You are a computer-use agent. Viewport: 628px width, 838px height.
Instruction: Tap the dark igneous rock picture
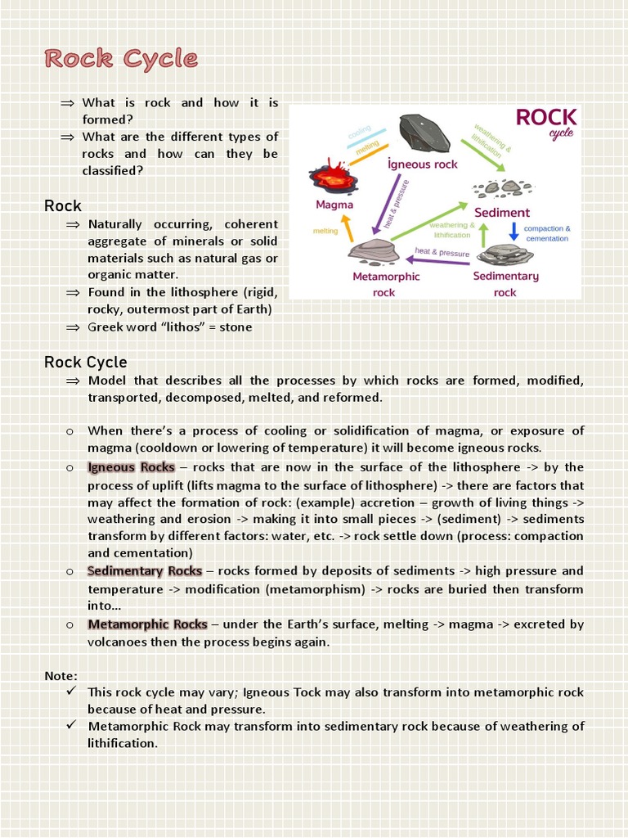coord(424,133)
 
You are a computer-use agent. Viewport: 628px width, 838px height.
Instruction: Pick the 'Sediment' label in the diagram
coord(501,212)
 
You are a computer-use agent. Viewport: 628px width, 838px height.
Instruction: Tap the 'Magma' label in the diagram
coord(334,205)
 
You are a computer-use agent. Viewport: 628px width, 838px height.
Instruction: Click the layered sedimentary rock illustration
coord(505,255)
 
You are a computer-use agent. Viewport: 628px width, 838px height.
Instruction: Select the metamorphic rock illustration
coord(374,250)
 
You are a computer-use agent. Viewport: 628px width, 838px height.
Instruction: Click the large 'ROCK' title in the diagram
coord(545,118)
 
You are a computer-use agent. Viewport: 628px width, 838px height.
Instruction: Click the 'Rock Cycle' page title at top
coord(121,59)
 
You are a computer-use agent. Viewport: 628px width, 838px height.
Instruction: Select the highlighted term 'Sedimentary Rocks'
coord(145,570)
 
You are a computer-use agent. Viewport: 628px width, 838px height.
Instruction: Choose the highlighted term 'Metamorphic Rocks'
coord(147,624)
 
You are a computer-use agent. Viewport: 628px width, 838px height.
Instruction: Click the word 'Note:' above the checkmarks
coord(61,675)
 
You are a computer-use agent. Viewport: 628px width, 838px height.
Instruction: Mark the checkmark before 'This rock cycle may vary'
coord(71,692)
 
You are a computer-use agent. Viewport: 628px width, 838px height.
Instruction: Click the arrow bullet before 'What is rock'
coord(67,103)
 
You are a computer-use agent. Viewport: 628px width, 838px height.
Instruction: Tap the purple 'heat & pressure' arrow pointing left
coord(437,261)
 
